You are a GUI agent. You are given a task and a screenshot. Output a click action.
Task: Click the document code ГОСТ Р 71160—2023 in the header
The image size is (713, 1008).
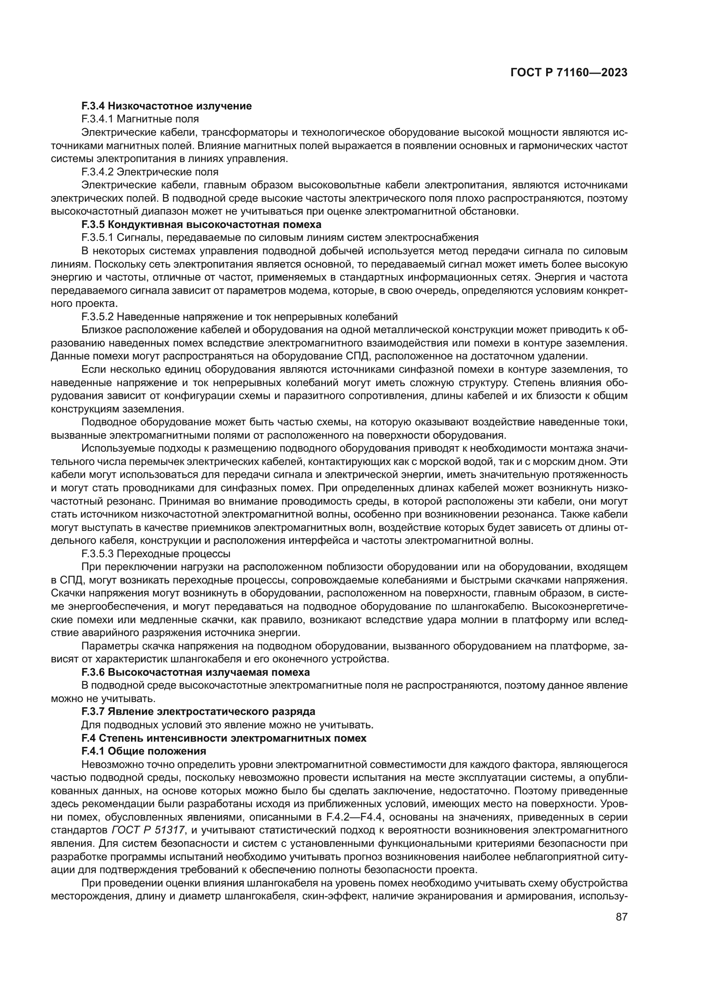tap(569, 73)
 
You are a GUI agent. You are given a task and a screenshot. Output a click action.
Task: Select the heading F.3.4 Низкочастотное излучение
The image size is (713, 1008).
tap(166, 106)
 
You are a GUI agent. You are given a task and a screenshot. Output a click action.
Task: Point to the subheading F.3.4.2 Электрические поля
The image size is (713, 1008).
tap(150, 172)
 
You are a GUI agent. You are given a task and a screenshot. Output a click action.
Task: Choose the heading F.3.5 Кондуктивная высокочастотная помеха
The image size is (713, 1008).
tap(201, 225)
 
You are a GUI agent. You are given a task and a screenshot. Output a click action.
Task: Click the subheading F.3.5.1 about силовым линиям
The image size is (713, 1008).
tap(280, 237)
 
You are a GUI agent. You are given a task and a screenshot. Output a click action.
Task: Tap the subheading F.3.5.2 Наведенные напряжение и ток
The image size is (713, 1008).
tap(239, 317)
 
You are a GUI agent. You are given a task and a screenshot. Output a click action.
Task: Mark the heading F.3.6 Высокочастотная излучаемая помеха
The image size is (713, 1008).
tap(195, 672)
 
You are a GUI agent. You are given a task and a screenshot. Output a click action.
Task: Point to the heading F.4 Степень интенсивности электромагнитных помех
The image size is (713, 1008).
tap(223, 738)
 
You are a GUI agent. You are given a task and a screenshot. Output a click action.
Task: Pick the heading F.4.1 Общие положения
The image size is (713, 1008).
tap(144, 751)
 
